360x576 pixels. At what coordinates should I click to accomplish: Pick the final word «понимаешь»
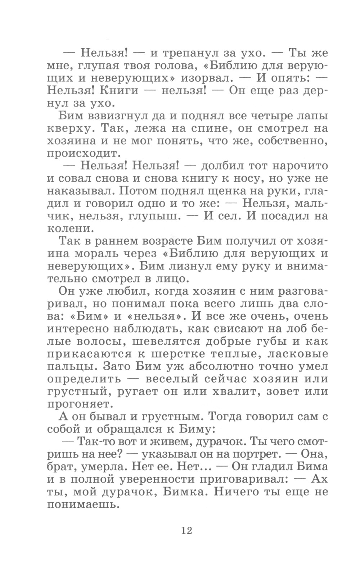coord(83,505)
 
